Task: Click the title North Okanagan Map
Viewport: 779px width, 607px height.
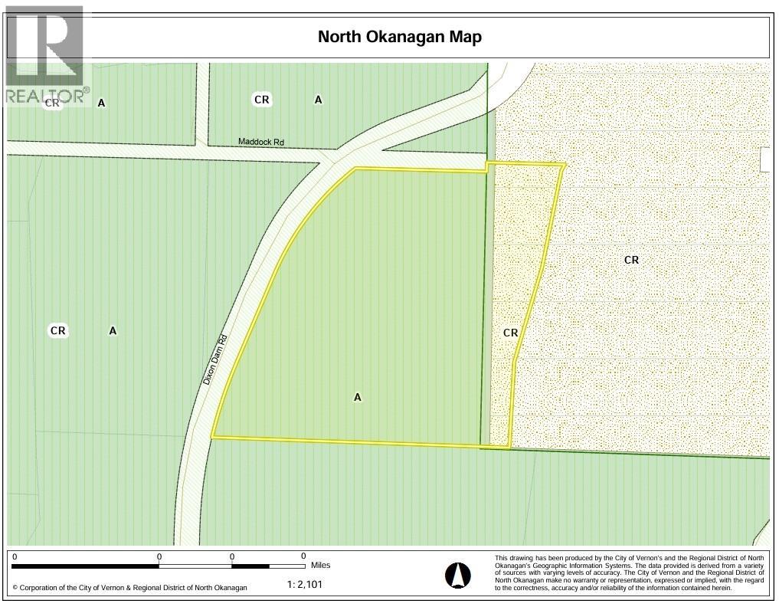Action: click(x=400, y=37)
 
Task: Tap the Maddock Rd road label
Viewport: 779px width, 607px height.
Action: click(x=260, y=142)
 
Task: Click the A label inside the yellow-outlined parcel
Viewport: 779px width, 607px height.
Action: click(x=357, y=397)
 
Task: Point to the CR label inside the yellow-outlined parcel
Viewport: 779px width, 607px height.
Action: click(x=511, y=333)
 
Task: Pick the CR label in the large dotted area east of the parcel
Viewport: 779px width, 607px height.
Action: click(x=631, y=260)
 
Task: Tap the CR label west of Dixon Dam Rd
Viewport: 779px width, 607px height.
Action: click(x=57, y=331)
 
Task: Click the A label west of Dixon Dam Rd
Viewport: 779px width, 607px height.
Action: click(x=113, y=331)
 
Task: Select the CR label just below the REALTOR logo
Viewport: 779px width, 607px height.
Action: click(x=52, y=103)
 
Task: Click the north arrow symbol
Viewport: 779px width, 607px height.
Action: click(x=458, y=574)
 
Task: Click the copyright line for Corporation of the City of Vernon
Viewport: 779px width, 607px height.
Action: click(x=129, y=588)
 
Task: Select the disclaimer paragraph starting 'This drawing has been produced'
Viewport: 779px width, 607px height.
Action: click(x=630, y=573)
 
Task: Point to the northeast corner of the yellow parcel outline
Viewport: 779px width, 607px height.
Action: click(x=565, y=164)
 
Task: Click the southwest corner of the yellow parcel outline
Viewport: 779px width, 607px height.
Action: click(x=212, y=437)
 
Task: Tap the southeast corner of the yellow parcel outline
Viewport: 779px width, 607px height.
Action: click(x=509, y=446)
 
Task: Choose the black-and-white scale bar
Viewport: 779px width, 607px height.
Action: click(x=159, y=566)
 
